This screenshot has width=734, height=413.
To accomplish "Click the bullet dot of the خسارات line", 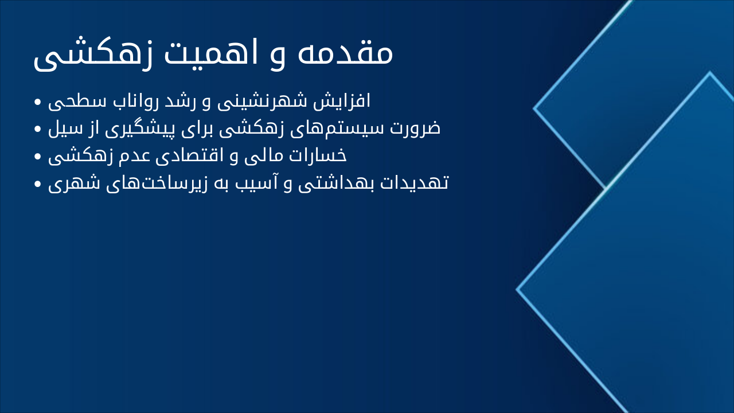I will click(38, 157).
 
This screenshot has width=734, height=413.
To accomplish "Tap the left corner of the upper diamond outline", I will click(534, 108).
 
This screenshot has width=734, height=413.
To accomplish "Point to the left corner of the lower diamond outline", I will click(517, 290).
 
